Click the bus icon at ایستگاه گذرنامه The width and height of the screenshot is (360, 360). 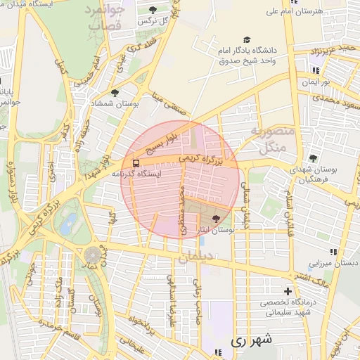(x=136, y=173)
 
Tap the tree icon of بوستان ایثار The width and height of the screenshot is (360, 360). (x=215, y=219)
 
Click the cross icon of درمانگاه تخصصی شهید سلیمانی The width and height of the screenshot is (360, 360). (x=287, y=291)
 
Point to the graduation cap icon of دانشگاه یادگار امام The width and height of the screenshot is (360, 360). (x=246, y=40)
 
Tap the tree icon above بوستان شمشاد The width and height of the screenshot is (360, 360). (x=114, y=92)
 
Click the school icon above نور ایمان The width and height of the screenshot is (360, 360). (x=316, y=71)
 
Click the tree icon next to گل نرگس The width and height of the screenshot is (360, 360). (x=153, y=10)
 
